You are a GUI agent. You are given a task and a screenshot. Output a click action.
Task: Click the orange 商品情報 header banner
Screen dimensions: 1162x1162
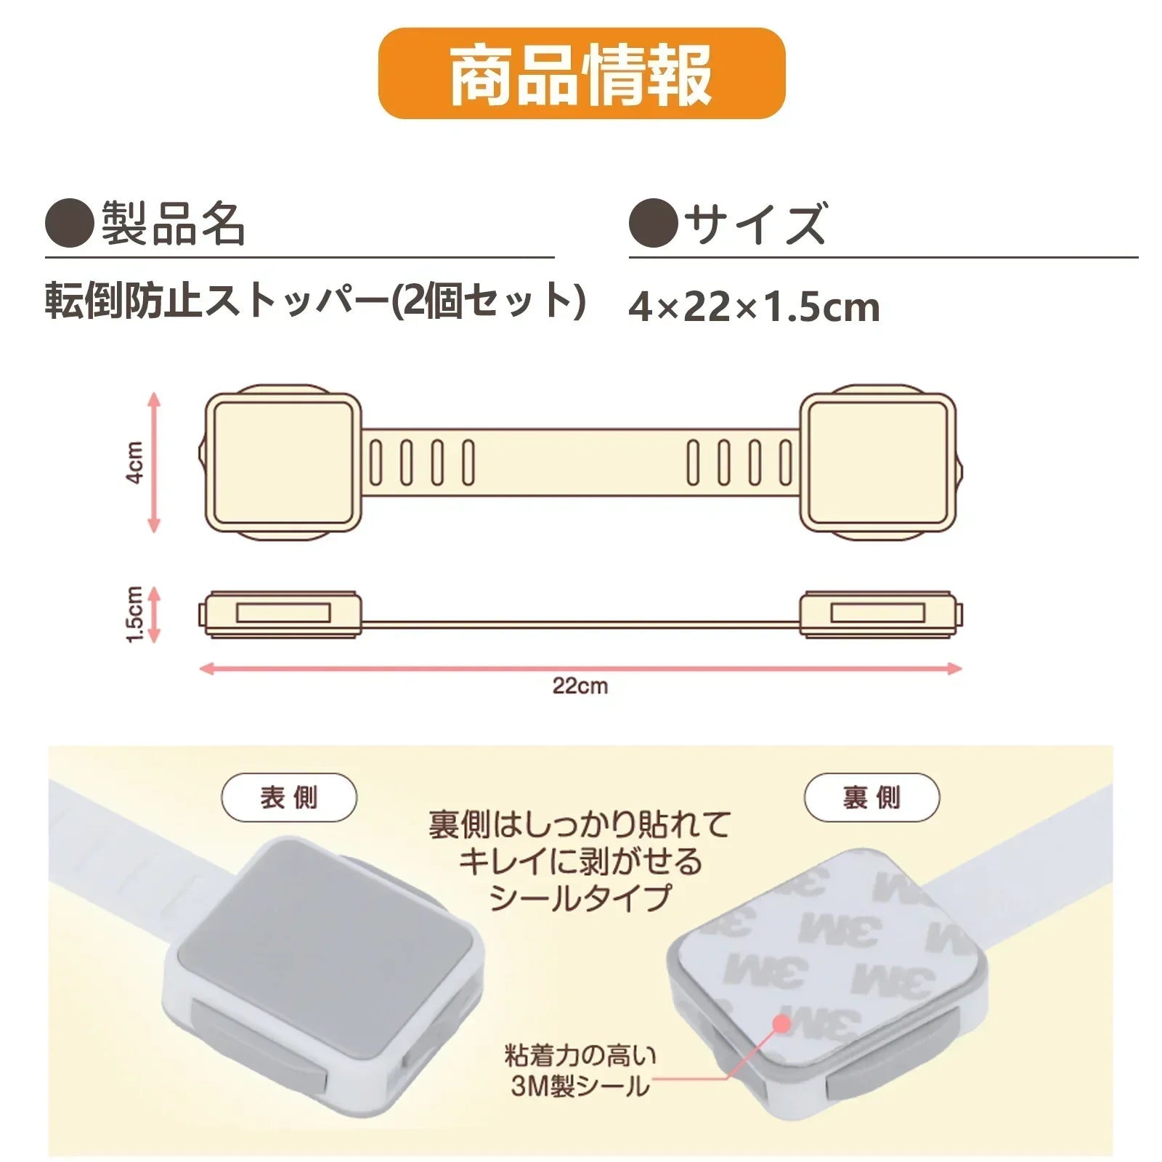point(582,73)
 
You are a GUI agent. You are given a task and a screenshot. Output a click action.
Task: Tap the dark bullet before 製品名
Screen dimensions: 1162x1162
point(70,223)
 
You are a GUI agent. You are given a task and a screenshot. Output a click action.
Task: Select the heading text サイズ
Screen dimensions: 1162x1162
point(755,223)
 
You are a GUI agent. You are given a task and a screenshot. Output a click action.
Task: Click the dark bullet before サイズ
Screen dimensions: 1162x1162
point(654,223)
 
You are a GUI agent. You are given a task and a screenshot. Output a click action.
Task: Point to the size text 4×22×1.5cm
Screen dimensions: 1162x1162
point(755,306)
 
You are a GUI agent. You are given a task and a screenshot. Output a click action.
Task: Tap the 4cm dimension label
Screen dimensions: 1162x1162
point(135,462)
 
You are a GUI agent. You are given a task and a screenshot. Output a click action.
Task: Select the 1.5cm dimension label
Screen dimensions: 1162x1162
point(134,614)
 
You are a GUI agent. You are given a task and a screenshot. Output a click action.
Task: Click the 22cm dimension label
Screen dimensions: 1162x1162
point(580,686)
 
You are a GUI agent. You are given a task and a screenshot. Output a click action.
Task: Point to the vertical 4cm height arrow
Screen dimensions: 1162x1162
point(153,463)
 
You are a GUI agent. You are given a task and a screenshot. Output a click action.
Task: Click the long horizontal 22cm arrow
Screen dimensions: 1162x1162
point(581,668)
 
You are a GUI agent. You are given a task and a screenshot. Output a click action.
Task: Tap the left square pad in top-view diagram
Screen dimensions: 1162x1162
point(283,463)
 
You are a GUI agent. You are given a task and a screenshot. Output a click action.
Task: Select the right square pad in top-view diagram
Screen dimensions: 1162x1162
point(877,463)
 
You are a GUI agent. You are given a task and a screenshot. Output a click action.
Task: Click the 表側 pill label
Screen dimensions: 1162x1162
point(289,797)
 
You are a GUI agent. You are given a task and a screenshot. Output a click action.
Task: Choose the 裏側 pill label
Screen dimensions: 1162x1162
point(871,797)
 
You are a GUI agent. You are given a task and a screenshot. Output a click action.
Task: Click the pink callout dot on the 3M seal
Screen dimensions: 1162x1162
point(781,1023)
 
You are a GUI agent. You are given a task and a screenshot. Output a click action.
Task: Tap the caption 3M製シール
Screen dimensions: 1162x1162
point(580,1086)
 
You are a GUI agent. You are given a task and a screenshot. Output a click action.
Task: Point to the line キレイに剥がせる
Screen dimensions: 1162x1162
point(581,861)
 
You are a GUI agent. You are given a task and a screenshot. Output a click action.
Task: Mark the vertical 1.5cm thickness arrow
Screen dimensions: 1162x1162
point(153,614)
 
